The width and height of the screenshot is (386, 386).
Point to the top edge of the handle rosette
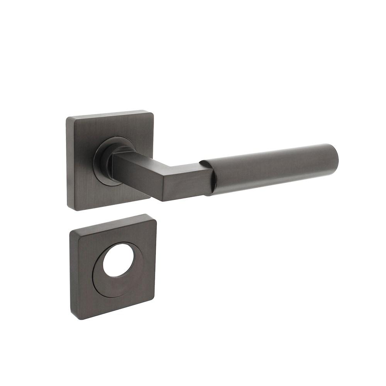[110, 114]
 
